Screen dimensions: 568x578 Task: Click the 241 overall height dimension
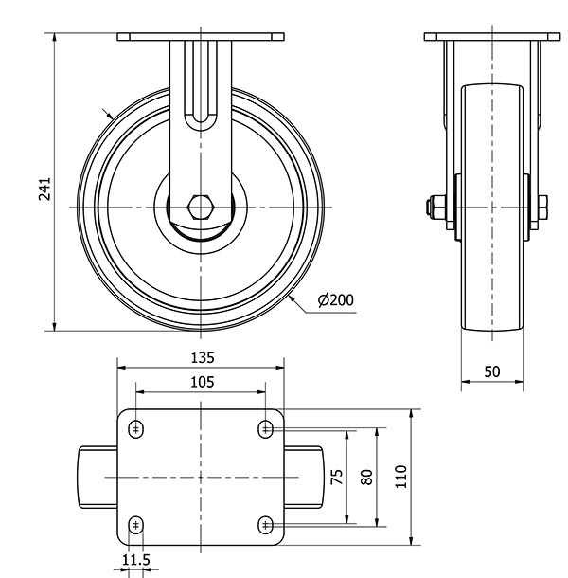44,190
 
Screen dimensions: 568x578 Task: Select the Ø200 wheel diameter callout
335,300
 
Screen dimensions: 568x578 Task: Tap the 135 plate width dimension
203,357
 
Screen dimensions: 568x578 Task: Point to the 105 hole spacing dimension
203,382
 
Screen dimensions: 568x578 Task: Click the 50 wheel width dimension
492,372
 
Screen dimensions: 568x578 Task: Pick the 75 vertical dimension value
337,477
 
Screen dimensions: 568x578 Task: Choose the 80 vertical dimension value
366,477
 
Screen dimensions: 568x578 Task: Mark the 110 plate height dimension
401,477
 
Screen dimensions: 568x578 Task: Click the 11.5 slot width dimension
136,560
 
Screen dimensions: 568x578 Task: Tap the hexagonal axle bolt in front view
201,208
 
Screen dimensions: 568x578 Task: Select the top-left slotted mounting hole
136,429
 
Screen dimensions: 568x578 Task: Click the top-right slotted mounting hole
265,429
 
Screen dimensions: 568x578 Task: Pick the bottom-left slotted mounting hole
136,525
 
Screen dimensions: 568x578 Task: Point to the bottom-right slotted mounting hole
265,525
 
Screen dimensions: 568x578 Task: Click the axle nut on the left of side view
435,208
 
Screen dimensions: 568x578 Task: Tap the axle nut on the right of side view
542,208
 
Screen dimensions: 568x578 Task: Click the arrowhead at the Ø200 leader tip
293,298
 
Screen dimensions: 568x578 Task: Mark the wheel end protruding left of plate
98,478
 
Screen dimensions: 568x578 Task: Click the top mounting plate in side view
492,37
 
